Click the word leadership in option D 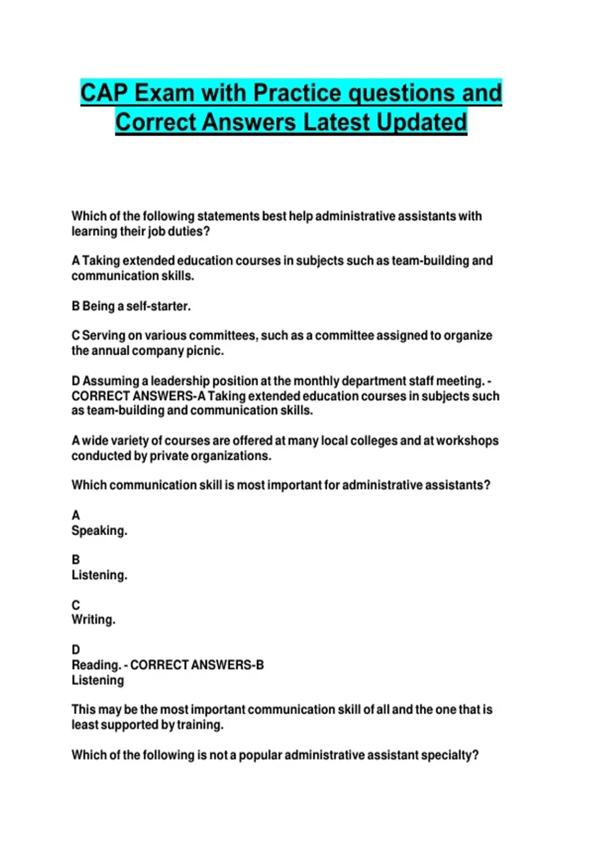pyautogui.click(x=180, y=380)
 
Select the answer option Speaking pyautogui.click(x=99, y=531)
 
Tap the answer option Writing pyautogui.click(x=93, y=619)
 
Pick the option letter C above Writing pyautogui.click(x=76, y=605)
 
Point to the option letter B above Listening pyautogui.click(x=76, y=560)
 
